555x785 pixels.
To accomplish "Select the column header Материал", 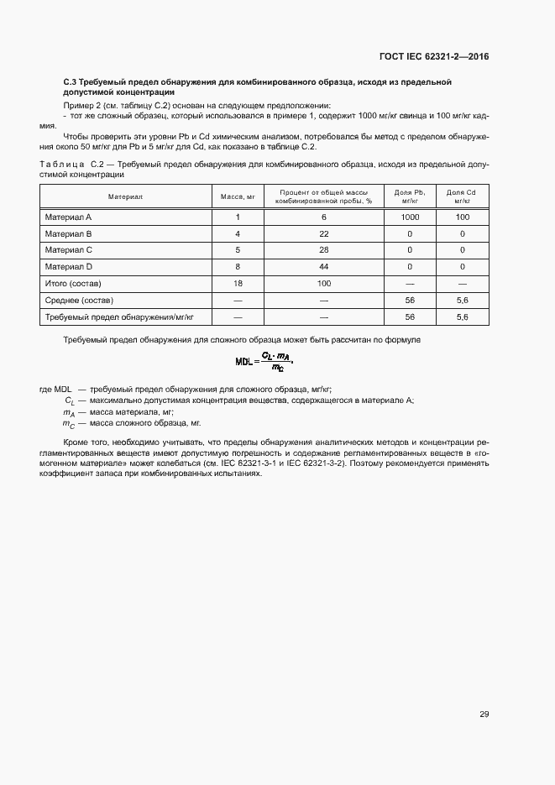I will (125, 196).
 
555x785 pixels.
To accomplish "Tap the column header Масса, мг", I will (238, 196).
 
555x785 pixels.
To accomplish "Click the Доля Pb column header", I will (410, 196).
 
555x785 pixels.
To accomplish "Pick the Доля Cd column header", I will (462, 196).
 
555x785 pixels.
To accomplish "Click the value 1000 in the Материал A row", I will (410, 217).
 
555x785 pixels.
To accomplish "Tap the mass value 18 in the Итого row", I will (238, 284).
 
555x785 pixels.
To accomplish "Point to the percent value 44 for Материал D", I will (324, 267).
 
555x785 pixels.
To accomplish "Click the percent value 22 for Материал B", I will (324, 234).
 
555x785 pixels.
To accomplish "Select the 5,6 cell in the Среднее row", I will (462, 301).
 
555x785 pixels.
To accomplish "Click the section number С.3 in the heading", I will (71, 81).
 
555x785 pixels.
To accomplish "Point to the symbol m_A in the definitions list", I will (69, 414).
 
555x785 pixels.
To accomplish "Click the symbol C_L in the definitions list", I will (69, 401).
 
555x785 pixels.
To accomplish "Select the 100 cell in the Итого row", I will (324, 284).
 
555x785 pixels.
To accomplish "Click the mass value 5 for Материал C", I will (238, 250).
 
